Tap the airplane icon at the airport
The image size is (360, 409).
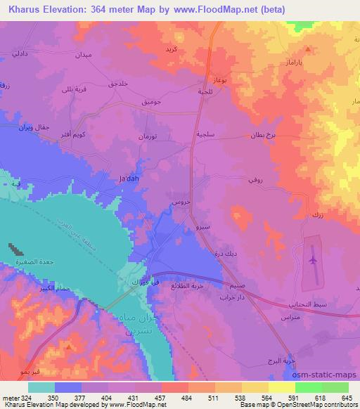313,260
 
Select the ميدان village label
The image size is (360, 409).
84,54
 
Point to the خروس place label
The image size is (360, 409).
179,202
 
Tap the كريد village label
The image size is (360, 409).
171,50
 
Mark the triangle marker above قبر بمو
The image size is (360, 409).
68,346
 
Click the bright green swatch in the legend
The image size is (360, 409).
309,387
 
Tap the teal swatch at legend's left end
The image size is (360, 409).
41,387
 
